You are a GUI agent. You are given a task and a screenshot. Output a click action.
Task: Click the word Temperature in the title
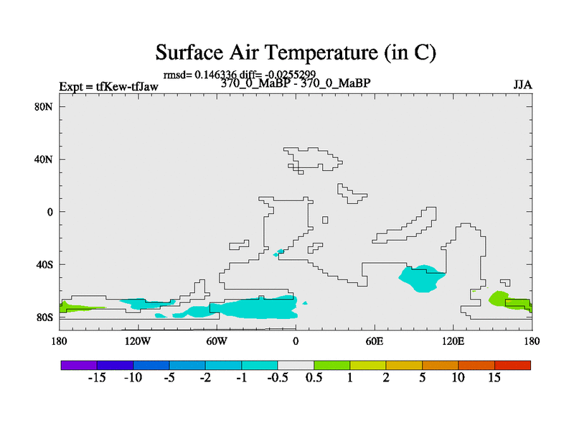pyautogui.click(x=321, y=52)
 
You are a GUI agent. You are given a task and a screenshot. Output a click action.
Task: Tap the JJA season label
pyautogui.click(x=522, y=85)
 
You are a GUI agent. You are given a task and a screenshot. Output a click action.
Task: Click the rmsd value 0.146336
pyautogui.click(x=216, y=75)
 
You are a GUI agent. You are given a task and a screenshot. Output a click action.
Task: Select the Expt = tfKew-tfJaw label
pyautogui.click(x=109, y=86)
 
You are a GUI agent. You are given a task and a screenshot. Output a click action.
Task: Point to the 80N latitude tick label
pyautogui.click(x=44, y=106)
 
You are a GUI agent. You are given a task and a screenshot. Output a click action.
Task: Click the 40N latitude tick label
pyautogui.click(x=44, y=159)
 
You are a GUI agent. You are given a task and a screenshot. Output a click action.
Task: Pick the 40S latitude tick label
pyautogui.click(x=44, y=264)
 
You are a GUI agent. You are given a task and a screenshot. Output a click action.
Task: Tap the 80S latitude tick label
pyautogui.click(x=44, y=318)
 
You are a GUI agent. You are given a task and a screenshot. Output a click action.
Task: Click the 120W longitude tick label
pyautogui.click(x=138, y=341)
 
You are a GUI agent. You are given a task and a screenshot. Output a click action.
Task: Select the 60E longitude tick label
pyautogui.click(x=375, y=341)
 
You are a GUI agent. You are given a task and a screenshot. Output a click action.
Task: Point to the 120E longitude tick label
pyautogui.click(x=453, y=341)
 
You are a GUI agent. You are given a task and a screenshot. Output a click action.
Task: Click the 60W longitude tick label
pyautogui.click(x=217, y=341)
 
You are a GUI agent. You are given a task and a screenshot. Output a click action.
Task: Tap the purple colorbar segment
pyautogui.click(x=79, y=365)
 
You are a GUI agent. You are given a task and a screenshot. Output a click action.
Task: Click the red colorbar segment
pyautogui.click(x=512, y=365)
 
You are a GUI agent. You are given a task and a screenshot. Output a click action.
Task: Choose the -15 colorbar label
pyautogui.click(x=97, y=378)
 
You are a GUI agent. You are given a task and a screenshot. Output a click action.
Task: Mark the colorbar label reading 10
pyautogui.click(x=458, y=378)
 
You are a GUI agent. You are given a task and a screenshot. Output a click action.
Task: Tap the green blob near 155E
pyautogui.click(x=509, y=300)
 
